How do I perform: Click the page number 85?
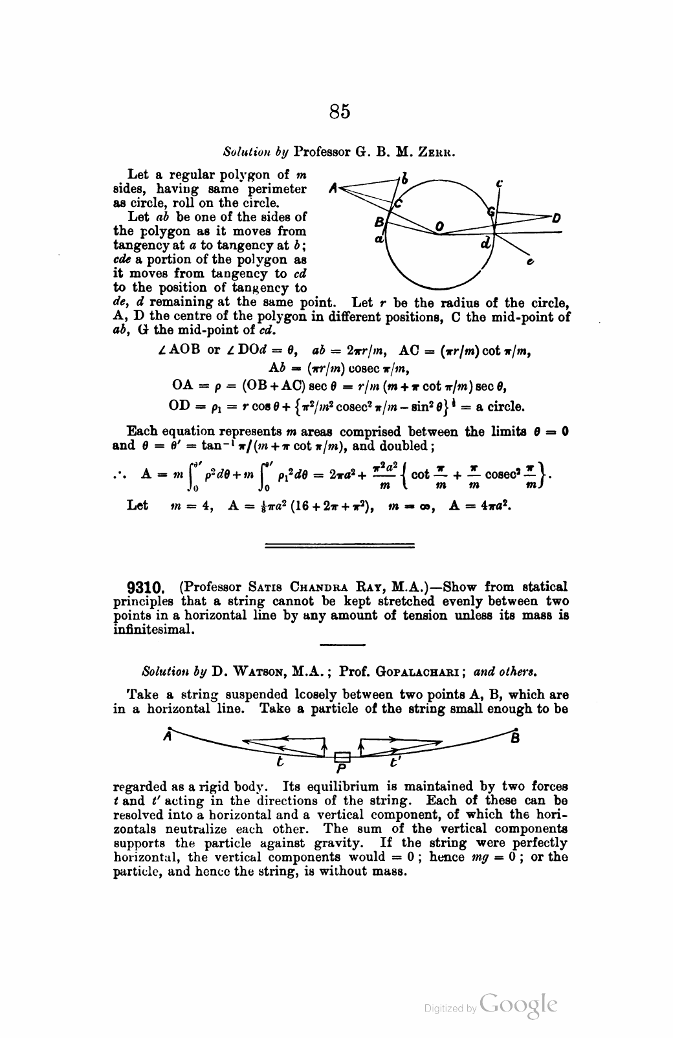[x=340, y=112]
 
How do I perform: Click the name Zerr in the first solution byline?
[x=438, y=153]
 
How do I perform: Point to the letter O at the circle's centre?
[x=439, y=226]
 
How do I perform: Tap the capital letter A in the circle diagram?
[x=333, y=189]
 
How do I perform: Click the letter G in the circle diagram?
[x=492, y=211]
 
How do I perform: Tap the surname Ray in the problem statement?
[x=370, y=587]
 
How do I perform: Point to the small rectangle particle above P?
[x=342, y=756]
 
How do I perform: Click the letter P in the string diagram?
[x=341, y=769]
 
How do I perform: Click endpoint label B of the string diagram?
[x=514, y=737]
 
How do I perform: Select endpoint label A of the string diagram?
[x=168, y=735]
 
